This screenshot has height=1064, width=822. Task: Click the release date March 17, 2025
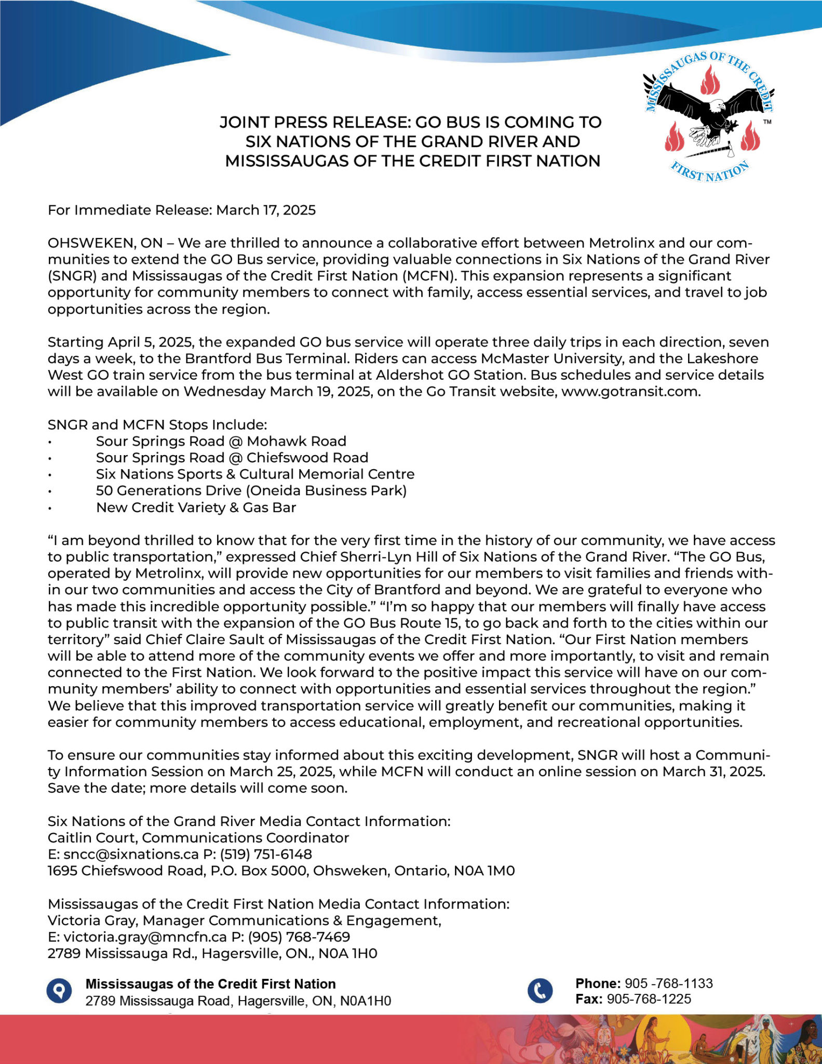266,210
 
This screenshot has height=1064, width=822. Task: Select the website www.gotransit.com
630,392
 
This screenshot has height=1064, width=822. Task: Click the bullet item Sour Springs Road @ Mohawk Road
221,442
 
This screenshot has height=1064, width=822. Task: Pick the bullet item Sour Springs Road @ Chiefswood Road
232,458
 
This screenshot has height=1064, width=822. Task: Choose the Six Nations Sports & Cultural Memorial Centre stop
255,474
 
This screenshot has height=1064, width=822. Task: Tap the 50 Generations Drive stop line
251,491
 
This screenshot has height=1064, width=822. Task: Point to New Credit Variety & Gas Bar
196,508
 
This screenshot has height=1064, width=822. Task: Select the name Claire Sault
227,640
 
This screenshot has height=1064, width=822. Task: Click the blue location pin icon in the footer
59,990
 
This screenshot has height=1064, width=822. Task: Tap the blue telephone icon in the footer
540,990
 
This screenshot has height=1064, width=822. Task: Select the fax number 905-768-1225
649,999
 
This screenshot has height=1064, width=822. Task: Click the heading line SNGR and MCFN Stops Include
157,425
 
